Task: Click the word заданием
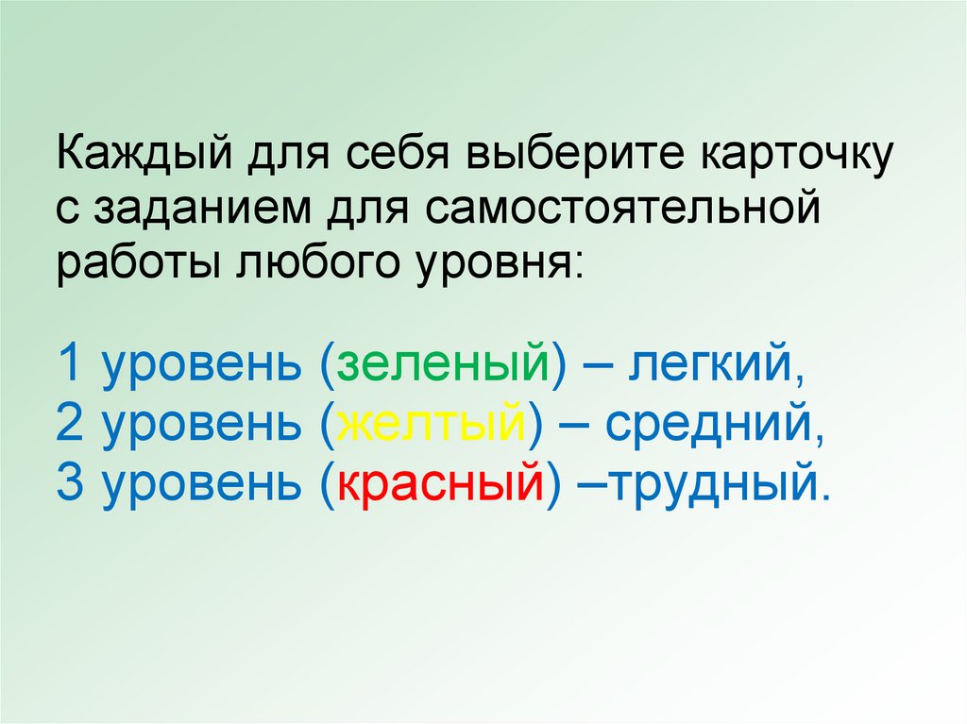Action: pos(224,206)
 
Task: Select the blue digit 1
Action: pos(70,364)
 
